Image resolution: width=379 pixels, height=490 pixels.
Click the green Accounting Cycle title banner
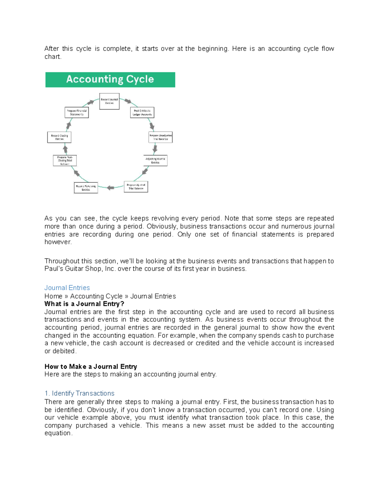[x=110, y=80]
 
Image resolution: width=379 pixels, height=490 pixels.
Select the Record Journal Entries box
[x=109, y=101]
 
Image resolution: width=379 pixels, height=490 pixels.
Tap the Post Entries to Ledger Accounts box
[x=142, y=113]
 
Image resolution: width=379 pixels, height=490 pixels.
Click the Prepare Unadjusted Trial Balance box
[x=160, y=137]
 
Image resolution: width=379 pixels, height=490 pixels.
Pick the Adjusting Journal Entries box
[x=155, y=161]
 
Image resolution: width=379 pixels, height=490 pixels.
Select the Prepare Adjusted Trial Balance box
[x=136, y=187]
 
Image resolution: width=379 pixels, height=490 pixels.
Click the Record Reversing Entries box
[x=86, y=188]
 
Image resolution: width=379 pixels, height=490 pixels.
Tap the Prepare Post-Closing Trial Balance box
[x=65, y=161]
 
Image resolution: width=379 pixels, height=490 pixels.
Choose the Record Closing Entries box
[x=59, y=137]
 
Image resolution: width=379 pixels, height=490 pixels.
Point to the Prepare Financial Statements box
[x=77, y=113]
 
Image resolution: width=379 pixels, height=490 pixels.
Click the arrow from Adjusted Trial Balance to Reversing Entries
[x=110, y=188]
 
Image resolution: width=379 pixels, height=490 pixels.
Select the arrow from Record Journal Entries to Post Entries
[x=128, y=101]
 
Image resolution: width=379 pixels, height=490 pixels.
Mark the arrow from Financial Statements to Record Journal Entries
[x=91, y=102]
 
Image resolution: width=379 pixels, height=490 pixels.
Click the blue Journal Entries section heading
[x=67, y=288]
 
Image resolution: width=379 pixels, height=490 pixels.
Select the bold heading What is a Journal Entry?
[x=84, y=304]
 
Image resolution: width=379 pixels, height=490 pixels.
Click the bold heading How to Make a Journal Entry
[x=91, y=367]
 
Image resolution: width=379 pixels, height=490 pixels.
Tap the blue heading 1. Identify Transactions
[x=79, y=393]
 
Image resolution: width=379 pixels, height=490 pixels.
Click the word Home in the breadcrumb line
[x=53, y=296]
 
